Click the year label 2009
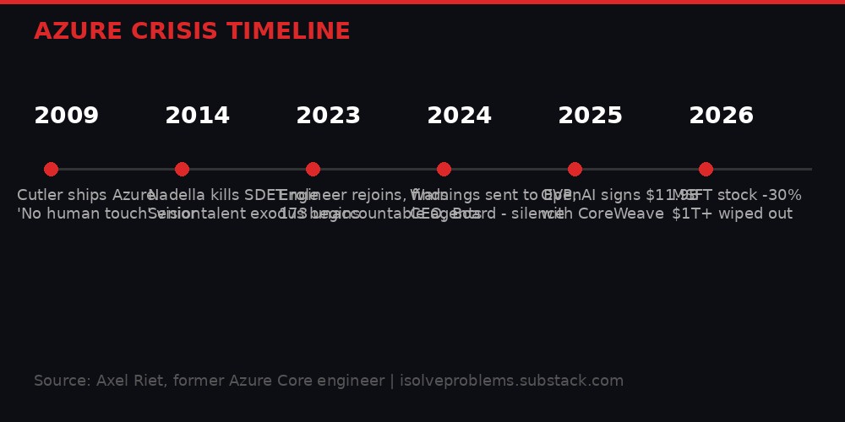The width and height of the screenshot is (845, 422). pyautogui.click(x=66, y=116)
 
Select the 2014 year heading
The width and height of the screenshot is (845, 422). pyautogui.click(x=197, y=116)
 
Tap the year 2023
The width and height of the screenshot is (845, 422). pyautogui.click(x=328, y=116)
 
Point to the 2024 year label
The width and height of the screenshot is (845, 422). pyautogui.click(x=459, y=116)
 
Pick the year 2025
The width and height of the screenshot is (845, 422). pyautogui.click(x=590, y=116)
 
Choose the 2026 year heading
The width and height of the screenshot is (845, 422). pyautogui.click(x=721, y=116)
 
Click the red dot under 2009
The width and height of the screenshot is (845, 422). pyautogui.click(x=51, y=169)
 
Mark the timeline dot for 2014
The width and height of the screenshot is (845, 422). pyautogui.click(x=182, y=169)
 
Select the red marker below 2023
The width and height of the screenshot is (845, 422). pyautogui.click(x=313, y=169)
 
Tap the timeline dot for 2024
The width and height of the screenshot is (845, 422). pyautogui.click(x=444, y=169)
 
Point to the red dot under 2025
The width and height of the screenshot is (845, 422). pyautogui.click(x=575, y=169)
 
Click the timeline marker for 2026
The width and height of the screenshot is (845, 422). pyautogui.click(x=706, y=169)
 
